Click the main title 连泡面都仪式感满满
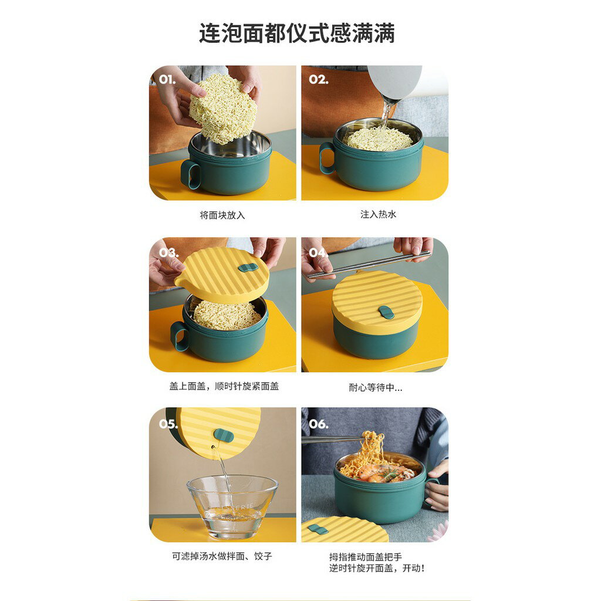(297, 33)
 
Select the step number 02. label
(319, 79)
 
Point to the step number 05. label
(168, 424)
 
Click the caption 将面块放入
(222, 215)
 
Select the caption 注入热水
(378, 215)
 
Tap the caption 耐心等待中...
(375, 388)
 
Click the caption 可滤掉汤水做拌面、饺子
(222, 556)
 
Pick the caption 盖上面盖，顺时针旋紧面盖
(224, 387)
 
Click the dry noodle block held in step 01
(223, 108)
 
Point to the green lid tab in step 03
(248, 268)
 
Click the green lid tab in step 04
(386, 312)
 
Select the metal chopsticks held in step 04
(369, 265)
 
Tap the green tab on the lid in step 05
(223, 435)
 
